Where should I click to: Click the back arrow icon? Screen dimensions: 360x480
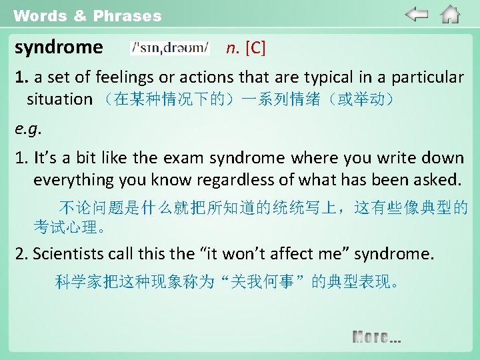(x=417, y=14)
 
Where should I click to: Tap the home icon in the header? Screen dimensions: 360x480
(x=451, y=14)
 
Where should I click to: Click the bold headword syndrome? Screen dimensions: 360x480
(x=59, y=48)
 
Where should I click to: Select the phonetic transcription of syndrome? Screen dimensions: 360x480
(x=170, y=48)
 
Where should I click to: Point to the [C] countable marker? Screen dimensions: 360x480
(x=255, y=48)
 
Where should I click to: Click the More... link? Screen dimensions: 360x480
(x=377, y=337)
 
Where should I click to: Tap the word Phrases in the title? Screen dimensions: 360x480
(x=127, y=15)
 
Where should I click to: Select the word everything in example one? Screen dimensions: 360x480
(x=68, y=179)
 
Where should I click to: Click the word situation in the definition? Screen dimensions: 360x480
(x=59, y=99)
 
